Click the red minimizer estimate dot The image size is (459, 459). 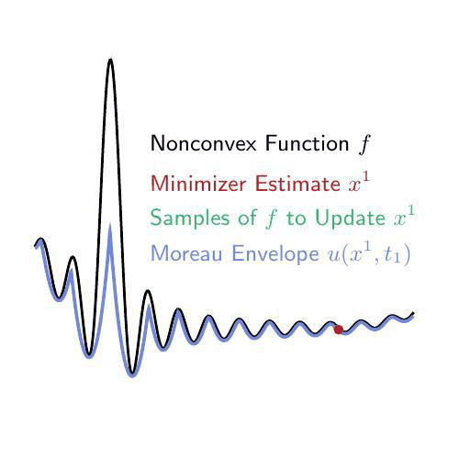coord(339,330)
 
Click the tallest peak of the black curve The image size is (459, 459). coord(110,60)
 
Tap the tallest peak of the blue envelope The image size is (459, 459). coord(110,226)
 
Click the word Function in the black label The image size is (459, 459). coord(307,143)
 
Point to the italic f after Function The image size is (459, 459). coord(364,144)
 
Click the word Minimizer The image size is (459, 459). coord(198,183)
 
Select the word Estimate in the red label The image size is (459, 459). coord(297,183)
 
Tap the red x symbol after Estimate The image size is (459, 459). coord(355,185)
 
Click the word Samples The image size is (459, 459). coord(190,218)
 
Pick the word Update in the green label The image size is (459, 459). coord(350,218)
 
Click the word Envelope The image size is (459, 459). coord(275,254)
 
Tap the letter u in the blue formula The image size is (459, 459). coord(334,256)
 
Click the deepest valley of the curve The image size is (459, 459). coord(132,373)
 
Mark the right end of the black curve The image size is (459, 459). coord(413,313)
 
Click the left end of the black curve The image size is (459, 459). coord(35,245)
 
